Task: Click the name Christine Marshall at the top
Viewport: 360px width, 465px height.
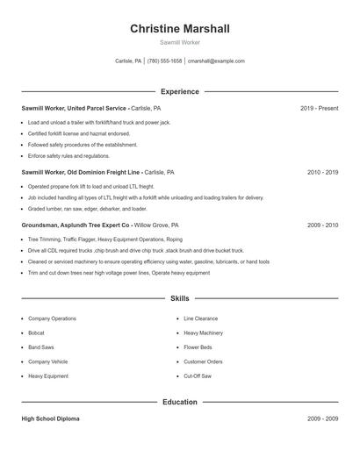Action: point(180,29)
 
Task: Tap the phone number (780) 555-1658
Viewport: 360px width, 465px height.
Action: point(165,61)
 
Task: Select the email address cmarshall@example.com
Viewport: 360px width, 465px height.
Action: point(216,61)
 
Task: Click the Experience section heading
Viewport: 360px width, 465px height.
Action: point(180,91)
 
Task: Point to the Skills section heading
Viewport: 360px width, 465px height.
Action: point(180,299)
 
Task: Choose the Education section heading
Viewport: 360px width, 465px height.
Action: point(180,402)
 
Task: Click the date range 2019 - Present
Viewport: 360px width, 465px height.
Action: point(319,108)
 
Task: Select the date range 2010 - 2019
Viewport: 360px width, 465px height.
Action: point(322,173)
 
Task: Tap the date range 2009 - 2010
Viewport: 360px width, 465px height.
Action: point(322,225)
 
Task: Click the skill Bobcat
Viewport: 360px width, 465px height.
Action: point(36,333)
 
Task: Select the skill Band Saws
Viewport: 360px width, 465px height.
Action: point(40,347)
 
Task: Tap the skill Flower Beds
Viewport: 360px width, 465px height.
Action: point(198,347)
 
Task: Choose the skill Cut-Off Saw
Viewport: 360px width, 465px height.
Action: point(198,376)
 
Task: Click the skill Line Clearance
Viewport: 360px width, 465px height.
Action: point(201,318)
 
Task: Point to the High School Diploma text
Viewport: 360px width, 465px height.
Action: point(50,418)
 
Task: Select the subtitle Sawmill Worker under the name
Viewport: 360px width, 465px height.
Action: point(180,43)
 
